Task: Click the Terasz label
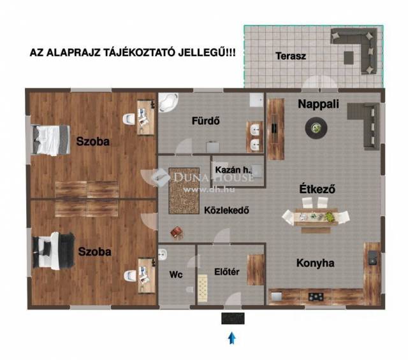pos(291,56)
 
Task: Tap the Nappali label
pos(318,104)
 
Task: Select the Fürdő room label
pos(205,120)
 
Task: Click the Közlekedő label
pos(226,210)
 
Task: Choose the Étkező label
pos(317,189)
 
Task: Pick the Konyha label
pos(316,263)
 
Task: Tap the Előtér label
pos(227,272)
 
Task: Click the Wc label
pos(176,275)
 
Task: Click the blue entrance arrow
pos(232,338)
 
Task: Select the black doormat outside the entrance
pos(233,319)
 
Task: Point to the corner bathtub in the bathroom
pos(168,103)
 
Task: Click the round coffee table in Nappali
pos(316,127)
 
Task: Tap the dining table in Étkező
pos(316,217)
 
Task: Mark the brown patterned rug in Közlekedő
pos(184,191)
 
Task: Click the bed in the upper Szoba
pos(51,140)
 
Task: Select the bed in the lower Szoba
pos(53,251)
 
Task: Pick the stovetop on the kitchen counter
pos(316,296)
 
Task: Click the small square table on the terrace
pos(349,57)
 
